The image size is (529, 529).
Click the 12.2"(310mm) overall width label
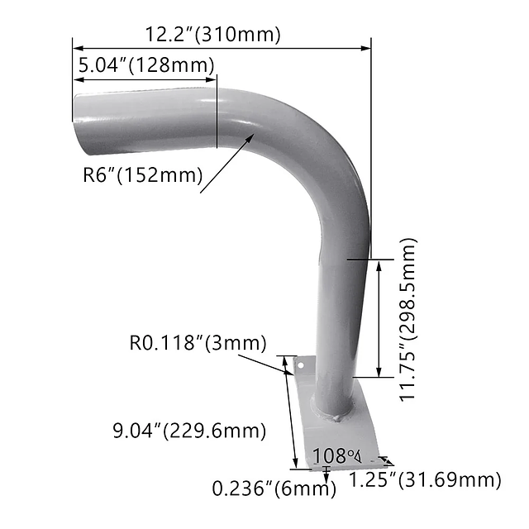pos(213,35)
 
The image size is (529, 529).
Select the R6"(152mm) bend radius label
pos(143,174)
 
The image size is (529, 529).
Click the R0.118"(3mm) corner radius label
pos(198,342)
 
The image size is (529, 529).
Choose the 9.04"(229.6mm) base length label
pos(189,431)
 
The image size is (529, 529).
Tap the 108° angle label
pos(337,455)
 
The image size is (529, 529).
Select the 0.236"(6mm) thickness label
pos(274,488)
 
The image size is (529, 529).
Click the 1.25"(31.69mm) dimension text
pos(424,480)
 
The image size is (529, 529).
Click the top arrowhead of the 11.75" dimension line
pos(379,264)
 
